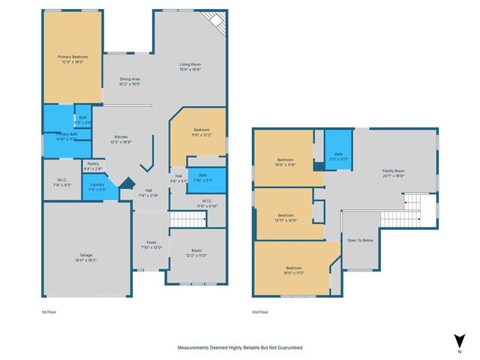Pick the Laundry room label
point(97,187)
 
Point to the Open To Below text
point(360,240)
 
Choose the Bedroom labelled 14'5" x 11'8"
point(286,162)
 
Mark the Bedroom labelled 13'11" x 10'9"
point(286,215)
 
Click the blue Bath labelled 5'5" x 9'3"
point(339,155)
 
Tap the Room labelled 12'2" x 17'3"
point(196,253)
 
